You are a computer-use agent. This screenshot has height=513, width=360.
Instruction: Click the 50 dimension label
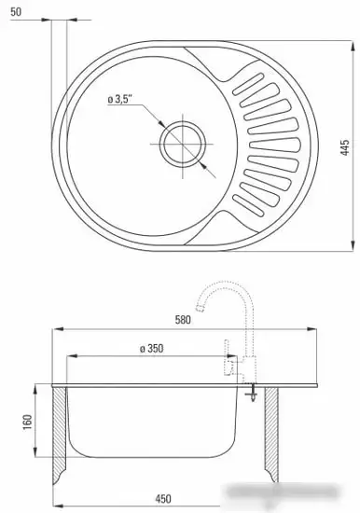pyautogui.click(x=16, y=12)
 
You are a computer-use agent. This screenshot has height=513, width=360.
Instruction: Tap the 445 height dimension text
pyautogui.click(x=345, y=147)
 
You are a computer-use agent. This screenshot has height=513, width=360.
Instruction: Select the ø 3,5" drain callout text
pyautogui.click(x=119, y=99)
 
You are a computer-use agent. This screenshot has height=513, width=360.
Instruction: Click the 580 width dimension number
pyautogui.click(x=183, y=319)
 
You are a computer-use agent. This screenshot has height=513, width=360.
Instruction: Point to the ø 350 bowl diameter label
pyautogui.click(x=151, y=349)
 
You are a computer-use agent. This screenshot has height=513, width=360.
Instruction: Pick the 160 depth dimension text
pyautogui.click(x=27, y=422)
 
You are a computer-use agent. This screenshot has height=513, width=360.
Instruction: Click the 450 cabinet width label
pyautogui.click(x=162, y=499)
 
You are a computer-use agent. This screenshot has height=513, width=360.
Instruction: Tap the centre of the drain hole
pyautogui.click(x=183, y=144)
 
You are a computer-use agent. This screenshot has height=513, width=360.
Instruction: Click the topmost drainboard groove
pyautogui.click(x=248, y=84)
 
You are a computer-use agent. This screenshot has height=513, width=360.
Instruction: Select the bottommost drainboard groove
pyautogui.click(x=248, y=205)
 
